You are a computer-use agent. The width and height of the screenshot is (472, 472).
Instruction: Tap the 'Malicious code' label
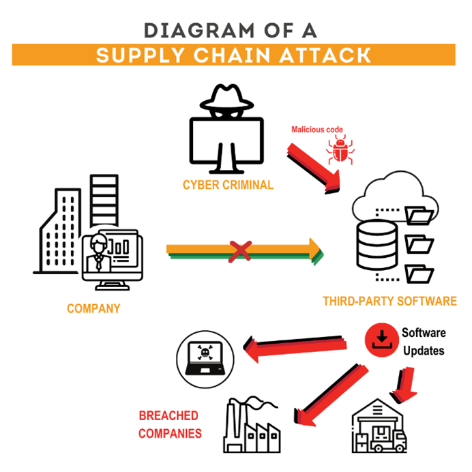tap(317, 129)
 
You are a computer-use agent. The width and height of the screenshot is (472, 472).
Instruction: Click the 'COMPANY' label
tap(93, 309)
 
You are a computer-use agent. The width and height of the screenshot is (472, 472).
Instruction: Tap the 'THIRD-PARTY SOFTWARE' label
tap(389, 301)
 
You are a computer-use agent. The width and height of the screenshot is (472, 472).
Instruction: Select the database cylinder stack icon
tap(376, 244)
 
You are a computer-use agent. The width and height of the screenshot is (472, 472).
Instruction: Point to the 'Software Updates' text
tap(423, 342)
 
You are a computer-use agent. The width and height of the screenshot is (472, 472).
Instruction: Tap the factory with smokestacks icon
tap(253, 426)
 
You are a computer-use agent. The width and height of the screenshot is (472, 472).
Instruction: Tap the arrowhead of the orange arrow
tap(315, 250)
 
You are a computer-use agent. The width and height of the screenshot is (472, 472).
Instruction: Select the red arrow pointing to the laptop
tap(293, 344)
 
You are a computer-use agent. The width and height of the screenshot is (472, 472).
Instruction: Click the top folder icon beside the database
tap(419, 215)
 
